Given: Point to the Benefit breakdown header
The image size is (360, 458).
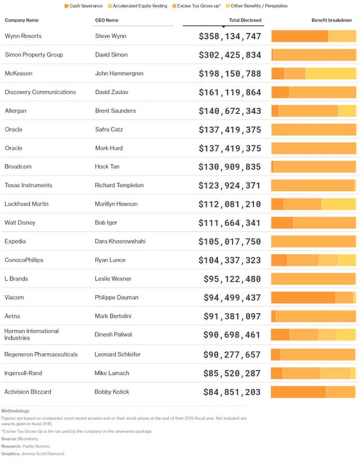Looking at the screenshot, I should (331, 20).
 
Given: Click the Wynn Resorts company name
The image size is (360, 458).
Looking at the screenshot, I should (23, 37).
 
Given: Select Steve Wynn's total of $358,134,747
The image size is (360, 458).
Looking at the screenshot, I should (229, 37).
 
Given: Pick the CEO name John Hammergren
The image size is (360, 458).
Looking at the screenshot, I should (119, 74).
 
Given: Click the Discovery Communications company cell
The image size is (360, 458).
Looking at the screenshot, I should (40, 92).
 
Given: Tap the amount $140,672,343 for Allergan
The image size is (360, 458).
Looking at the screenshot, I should (229, 111).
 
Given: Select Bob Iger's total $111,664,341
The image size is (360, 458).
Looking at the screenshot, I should (229, 223).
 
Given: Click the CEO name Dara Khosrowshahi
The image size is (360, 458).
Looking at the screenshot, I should (120, 241).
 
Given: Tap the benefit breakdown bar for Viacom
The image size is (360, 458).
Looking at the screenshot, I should (313, 298).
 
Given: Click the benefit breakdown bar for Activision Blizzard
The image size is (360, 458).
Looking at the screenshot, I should (313, 392).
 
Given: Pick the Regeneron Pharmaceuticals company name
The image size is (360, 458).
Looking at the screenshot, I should (41, 354).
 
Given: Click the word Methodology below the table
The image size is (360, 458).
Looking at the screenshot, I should (16, 411).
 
